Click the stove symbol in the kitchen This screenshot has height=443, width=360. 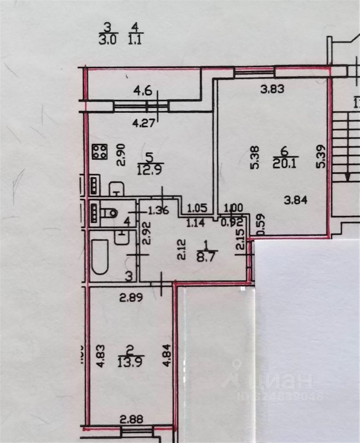[100, 151]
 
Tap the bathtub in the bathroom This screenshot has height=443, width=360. [100, 257]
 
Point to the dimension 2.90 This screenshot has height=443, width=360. [120, 151]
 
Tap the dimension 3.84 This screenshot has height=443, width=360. [296, 200]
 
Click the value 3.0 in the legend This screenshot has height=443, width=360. [108, 40]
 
